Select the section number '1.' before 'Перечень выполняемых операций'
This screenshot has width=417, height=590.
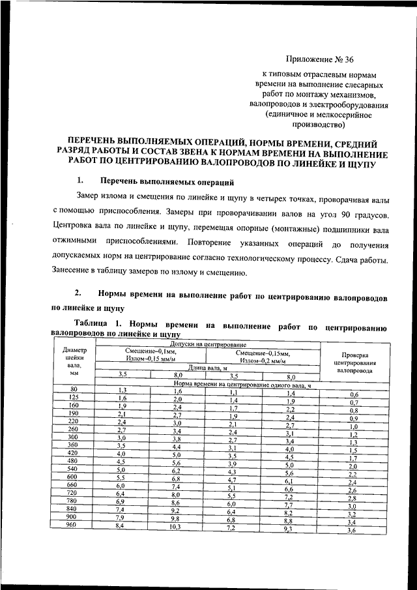79,181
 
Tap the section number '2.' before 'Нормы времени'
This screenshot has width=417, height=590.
78,294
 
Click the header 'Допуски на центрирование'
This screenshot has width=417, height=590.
208,343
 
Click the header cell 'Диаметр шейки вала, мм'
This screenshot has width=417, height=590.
74,362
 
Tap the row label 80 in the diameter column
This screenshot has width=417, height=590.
74,389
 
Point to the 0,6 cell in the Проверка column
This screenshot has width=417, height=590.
354,395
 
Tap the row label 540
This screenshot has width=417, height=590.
74,468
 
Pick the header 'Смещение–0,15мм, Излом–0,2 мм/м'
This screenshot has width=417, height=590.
263,356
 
